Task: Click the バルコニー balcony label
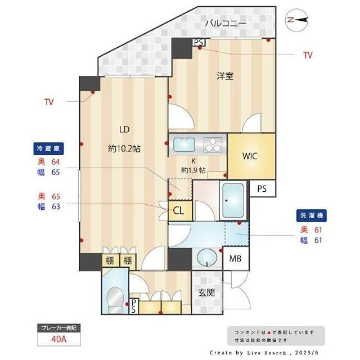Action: [226, 23]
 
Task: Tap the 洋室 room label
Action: [225, 76]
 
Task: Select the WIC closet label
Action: [250, 156]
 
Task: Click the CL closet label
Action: [179, 210]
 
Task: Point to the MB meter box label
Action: [235, 259]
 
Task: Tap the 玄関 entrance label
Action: [206, 292]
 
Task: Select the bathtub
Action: [233, 201]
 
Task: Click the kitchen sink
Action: [184, 145]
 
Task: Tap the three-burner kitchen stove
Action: [213, 145]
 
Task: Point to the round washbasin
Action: [207, 257]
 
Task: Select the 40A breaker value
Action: [59, 339]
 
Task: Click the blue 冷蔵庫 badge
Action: [48, 148]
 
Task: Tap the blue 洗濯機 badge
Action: [312, 215]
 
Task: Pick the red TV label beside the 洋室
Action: [308, 55]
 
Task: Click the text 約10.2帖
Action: [124, 148]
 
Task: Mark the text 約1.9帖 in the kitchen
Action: [193, 170]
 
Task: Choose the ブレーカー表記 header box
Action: [59, 328]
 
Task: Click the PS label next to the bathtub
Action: [262, 189]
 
